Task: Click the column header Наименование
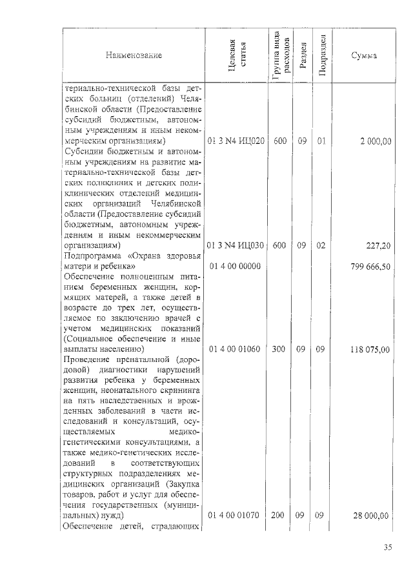coord(134,55)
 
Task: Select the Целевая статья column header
coord(235,55)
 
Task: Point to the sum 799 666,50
coord(370,267)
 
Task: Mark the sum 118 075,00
coord(370,350)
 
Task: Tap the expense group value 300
coord(279,350)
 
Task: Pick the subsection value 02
coord(321,246)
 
